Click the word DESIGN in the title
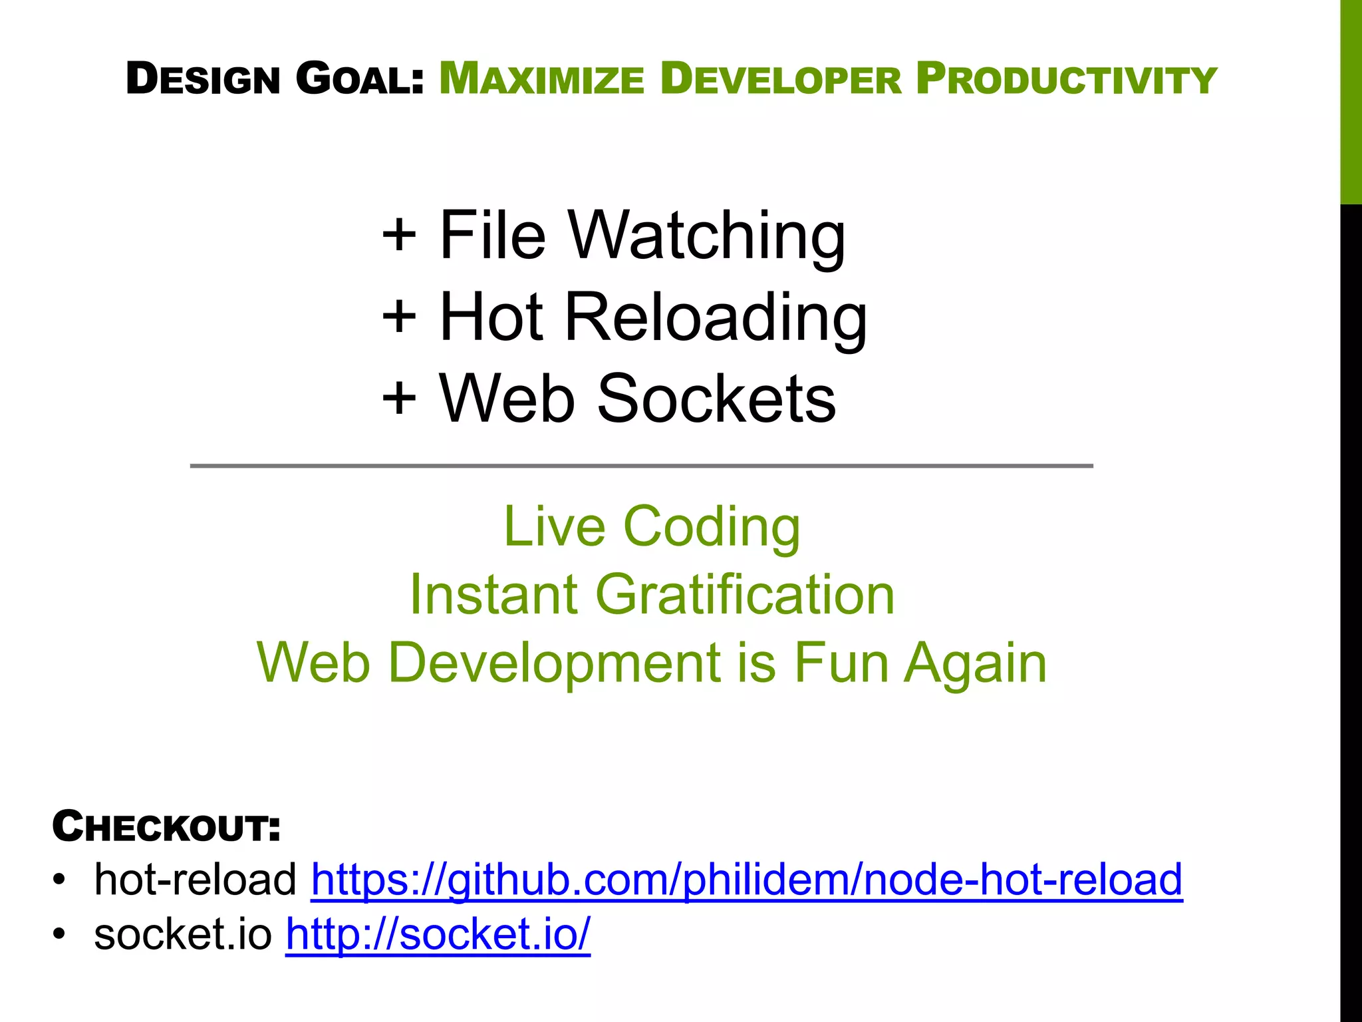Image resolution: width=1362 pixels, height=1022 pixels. (x=203, y=79)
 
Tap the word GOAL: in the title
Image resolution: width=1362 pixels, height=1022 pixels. (x=359, y=79)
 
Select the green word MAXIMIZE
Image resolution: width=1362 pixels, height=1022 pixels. (x=541, y=79)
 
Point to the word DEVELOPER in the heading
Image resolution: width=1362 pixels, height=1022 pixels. (x=781, y=79)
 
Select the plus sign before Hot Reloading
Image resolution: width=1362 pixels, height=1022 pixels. (x=399, y=317)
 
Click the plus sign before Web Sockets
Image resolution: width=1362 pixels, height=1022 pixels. (x=399, y=398)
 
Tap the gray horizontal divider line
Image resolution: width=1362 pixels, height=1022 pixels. (x=641, y=466)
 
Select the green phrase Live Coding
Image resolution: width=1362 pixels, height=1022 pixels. (x=652, y=527)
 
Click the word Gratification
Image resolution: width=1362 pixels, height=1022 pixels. (x=745, y=594)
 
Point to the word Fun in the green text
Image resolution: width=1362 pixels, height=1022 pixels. (x=841, y=663)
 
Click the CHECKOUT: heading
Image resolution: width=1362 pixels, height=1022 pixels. (x=166, y=827)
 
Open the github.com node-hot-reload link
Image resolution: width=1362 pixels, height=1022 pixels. (x=746, y=880)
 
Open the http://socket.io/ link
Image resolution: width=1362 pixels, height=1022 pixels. (x=438, y=934)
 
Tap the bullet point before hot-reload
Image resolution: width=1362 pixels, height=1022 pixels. (x=60, y=880)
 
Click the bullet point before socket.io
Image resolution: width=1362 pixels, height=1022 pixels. (x=60, y=934)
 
